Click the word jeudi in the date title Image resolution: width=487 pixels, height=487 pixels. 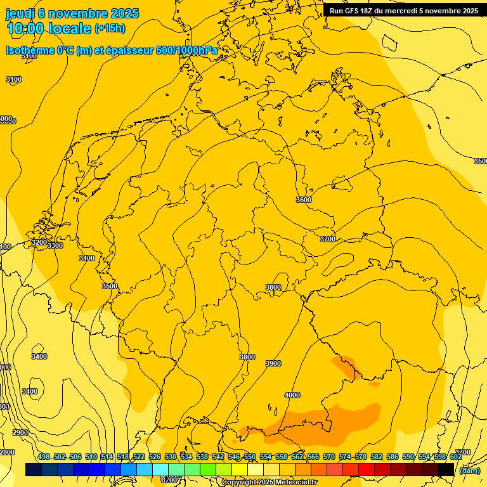(x=20, y=13)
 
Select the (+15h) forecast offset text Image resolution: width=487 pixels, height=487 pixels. (x=110, y=29)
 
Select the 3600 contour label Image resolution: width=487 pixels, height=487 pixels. (x=304, y=200)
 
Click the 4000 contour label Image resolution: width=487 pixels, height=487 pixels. (x=292, y=395)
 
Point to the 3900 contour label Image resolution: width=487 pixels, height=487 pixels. (x=273, y=363)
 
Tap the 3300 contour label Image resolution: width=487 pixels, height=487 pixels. (x=55, y=245)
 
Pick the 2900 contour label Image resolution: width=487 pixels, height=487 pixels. (x=20, y=432)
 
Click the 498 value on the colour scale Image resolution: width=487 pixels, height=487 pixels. (x=44, y=457)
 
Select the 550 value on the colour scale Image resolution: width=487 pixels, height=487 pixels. (x=250, y=457)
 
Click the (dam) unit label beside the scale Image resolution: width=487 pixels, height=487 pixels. (x=470, y=471)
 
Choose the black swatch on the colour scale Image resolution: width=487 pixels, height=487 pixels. (x=446, y=470)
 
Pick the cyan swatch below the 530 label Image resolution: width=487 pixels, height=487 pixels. (x=160, y=470)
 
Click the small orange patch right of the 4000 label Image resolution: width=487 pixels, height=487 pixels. (x=375, y=384)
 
